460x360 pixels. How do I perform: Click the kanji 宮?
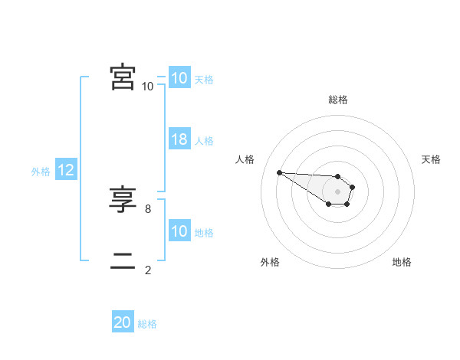123,78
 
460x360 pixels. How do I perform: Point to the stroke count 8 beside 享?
147,208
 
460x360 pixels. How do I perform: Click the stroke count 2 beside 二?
147,270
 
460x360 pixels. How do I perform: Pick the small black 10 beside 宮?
147,86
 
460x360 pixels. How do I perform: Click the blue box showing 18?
179,140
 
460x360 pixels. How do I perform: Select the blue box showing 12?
66,170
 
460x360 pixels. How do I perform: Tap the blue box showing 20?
123,323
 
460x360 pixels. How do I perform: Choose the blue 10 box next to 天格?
179,78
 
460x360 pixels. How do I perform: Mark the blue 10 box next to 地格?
179,231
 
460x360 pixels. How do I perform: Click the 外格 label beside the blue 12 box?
41,172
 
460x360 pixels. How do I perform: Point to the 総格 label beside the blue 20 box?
147,325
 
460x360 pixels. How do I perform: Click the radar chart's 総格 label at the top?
338,100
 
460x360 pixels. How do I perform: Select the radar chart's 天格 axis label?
432,159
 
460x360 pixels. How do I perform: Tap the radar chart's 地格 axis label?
402,262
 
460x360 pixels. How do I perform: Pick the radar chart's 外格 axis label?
270,262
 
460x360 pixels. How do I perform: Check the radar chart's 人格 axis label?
245,159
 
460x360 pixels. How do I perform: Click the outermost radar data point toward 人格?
279,172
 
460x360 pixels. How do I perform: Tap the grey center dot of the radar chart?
337,191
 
